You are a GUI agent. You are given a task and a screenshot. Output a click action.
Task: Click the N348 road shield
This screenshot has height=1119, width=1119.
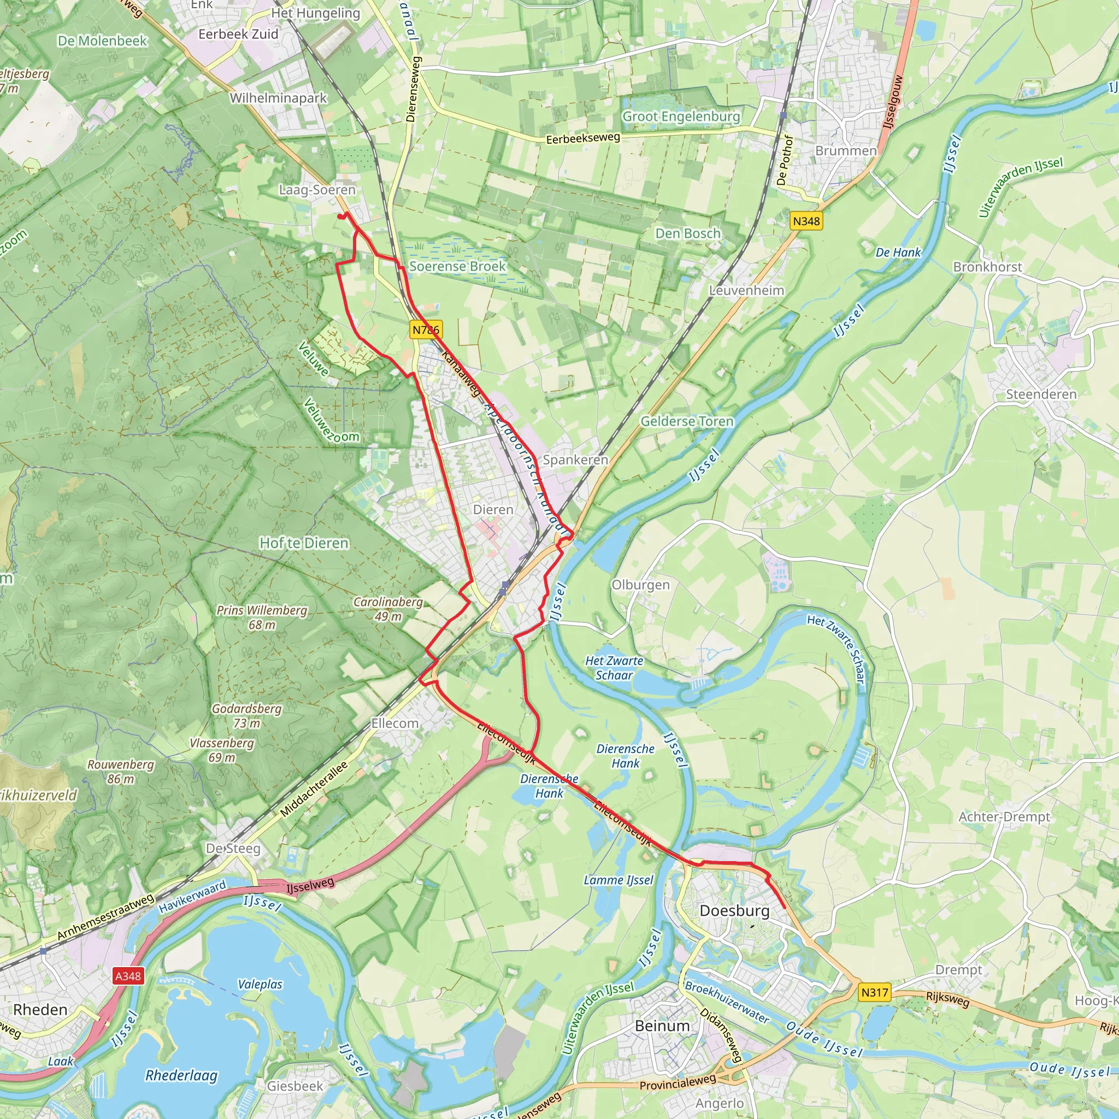(x=806, y=221)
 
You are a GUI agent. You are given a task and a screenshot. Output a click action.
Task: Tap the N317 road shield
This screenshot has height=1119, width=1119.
(x=874, y=992)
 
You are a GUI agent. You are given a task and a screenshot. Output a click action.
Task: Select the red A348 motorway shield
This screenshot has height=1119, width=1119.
(x=128, y=976)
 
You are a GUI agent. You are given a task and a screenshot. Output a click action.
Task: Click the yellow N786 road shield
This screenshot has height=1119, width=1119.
(x=426, y=329)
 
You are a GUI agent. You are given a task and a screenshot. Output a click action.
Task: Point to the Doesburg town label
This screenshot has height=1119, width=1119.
(x=734, y=910)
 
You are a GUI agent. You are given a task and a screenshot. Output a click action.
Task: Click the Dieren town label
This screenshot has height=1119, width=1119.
(x=493, y=510)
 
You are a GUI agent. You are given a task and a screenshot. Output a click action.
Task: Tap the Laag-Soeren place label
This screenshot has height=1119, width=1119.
(x=317, y=190)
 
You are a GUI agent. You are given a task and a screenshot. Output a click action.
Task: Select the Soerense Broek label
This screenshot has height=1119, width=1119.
(x=457, y=267)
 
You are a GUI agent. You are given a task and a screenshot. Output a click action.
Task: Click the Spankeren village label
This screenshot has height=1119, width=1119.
(x=575, y=460)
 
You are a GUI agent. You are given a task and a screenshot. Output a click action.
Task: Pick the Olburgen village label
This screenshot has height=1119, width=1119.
(x=640, y=585)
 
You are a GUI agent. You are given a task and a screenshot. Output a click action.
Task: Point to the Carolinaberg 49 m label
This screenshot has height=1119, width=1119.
(x=388, y=609)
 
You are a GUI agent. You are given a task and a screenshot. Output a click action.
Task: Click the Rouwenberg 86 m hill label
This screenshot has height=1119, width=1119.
(x=120, y=771)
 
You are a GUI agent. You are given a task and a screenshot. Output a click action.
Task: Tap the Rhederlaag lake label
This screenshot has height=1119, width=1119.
(x=181, y=1075)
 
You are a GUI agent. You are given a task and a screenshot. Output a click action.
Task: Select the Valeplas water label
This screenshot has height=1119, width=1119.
(x=260, y=984)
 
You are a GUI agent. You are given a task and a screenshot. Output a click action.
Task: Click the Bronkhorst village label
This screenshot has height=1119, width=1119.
(x=987, y=267)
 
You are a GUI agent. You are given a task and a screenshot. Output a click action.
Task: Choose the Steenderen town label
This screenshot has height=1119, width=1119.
(x=1041, y=394)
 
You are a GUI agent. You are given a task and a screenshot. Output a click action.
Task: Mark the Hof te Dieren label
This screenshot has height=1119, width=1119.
(x=304, y=543)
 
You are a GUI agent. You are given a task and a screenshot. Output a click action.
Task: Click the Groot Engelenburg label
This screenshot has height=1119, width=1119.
(x=681, y=116)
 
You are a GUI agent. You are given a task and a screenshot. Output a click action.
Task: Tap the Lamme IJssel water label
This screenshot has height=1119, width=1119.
(x=618, y=880)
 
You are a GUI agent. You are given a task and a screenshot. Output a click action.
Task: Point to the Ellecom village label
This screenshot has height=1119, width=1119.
(x=394, y=723)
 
